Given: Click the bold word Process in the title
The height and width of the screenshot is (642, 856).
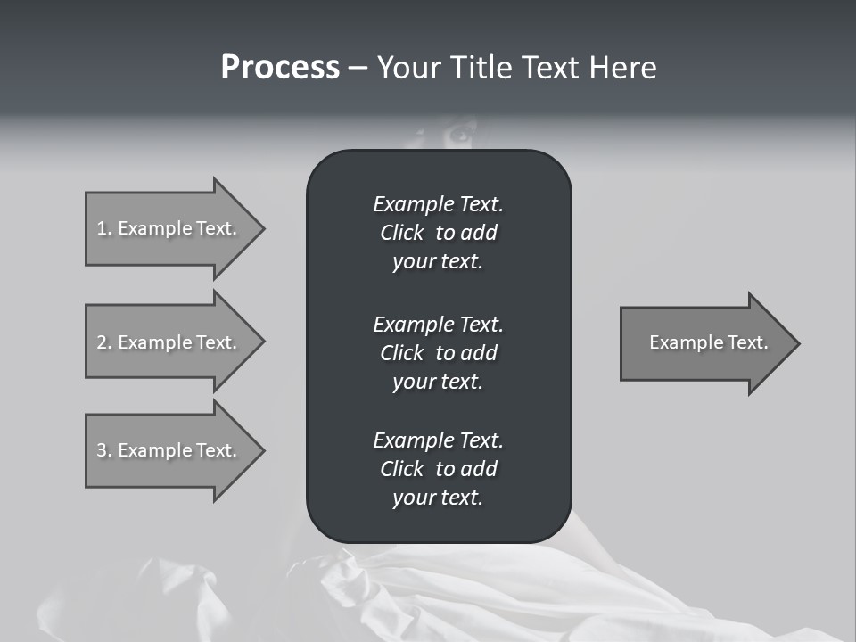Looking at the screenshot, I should pyautogui.click(x=280, y=68).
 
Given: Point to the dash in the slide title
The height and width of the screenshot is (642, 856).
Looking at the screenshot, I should pyautogui.click(x=358, y=69).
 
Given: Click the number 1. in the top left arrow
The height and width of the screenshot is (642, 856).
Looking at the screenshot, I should pyautogui.click(x=104, y=228).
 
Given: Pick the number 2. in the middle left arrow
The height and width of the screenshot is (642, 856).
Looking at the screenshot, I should pyautogui.click(x=104, y=342).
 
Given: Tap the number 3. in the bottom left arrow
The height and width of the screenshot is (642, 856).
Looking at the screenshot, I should pyautogui.click(x=104, y=450).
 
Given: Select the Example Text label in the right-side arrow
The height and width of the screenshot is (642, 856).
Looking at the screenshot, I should pyautogui.click(x=708, y=342).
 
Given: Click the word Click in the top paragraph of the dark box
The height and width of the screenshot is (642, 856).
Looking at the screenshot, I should pyautogui.click(x=401, y=233).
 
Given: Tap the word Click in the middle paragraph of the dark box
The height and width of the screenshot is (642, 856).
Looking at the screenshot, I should pyautogui.click(x=401, y=353).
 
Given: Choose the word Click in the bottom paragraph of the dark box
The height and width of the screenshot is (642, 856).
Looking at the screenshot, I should pyautogui.click(x=401, y=469).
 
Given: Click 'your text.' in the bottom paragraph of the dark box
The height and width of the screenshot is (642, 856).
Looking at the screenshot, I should pyautogui.click(x=438, y=498).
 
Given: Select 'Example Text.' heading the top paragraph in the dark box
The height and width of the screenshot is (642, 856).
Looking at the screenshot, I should pyautogui.click(x=438, y=204).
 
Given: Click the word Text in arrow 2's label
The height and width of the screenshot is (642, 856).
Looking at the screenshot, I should pyautogui.click(x=217, y=342).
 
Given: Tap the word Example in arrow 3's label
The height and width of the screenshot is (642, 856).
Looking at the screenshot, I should pyautogui.click(x=154, y=450).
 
